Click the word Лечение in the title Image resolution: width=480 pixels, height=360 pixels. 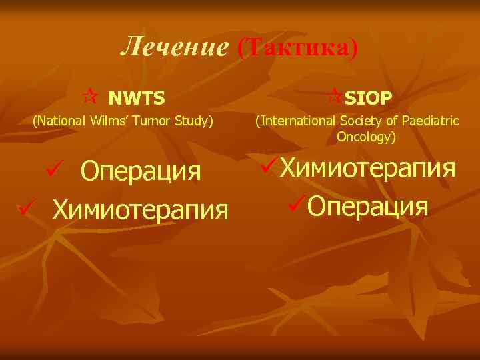tap(175, 47)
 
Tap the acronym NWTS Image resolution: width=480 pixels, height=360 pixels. tap(137, 99)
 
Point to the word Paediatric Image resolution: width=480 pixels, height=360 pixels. tap(429, 121)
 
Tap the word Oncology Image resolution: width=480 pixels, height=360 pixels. tap(365, 137)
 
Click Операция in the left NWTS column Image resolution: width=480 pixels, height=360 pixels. tap(141, 171)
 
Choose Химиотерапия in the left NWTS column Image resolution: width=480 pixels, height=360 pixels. tap(141, 209)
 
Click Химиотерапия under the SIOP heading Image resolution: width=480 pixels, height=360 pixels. tap(368, 169)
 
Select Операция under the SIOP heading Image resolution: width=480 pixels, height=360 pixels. tap(368, 206)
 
